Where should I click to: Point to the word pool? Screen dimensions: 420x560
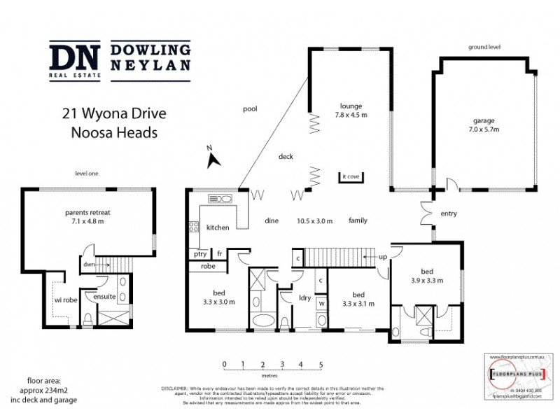click(250, 109)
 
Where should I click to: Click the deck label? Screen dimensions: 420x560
click(286, 157)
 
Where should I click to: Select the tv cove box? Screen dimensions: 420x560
click(350, 177)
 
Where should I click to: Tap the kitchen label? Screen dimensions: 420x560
click(218, 227)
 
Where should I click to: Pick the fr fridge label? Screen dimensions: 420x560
click(219, 254)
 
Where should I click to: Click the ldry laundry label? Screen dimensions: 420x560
click(304, 298)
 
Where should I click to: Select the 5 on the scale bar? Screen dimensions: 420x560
click(321, 365)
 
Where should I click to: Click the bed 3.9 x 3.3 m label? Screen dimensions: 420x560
click(426, 276)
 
